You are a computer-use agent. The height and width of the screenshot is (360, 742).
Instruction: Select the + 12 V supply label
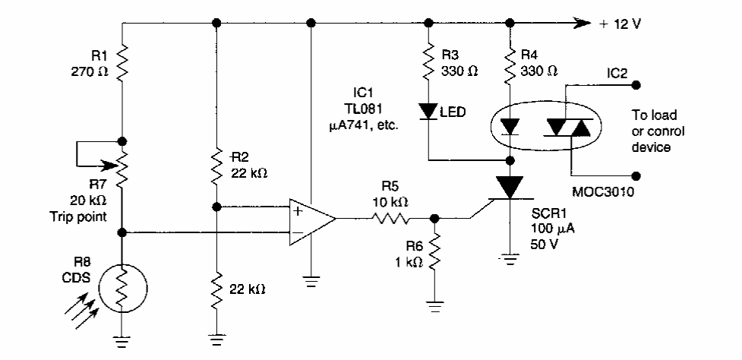(x=620, y=24)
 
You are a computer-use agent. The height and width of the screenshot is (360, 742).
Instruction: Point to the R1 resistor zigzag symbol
(x=122, y=62)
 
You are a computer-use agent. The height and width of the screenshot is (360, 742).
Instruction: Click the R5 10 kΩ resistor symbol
(x=391, y=219)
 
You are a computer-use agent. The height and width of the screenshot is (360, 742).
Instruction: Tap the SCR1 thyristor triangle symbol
(x=510, y=187)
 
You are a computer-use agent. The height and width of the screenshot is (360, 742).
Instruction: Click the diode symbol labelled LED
(x=428, y=111)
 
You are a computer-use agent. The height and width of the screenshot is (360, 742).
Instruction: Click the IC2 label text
(x=617, y=73)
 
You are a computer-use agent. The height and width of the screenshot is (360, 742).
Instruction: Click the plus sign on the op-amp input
(x=298, y=211)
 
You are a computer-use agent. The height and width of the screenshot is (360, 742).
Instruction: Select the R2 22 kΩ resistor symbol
(x=216, y=166)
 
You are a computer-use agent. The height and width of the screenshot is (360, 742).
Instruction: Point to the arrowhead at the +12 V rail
(x=582, y=23)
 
